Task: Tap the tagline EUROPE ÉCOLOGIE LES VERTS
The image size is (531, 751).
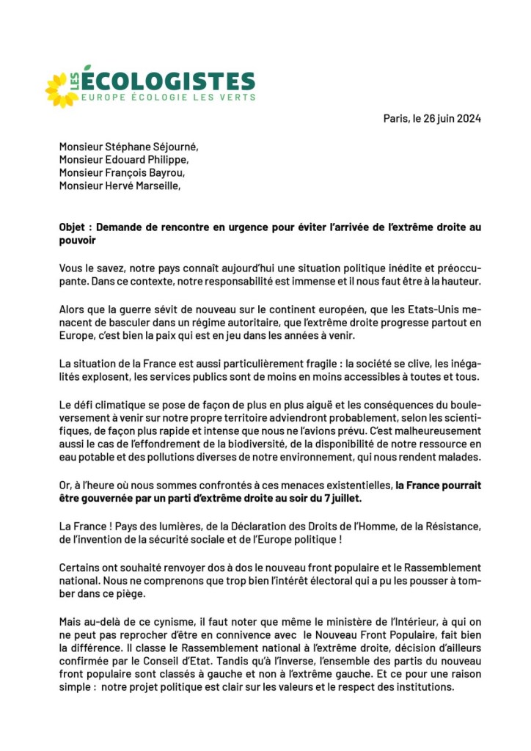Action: click(x=168, y=98)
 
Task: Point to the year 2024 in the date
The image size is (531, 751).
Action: click(x=467, y=119)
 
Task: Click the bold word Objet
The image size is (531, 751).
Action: click(x=73, y=227)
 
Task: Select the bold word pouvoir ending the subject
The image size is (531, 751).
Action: click(x=77, y=240)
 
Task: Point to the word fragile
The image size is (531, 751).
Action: click(x=320, y=364)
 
